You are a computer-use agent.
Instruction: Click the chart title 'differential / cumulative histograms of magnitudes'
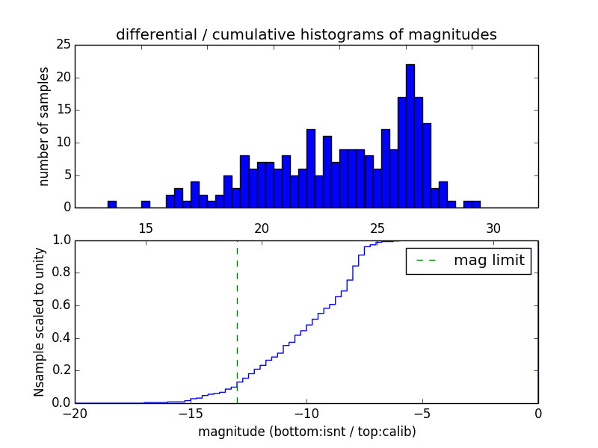(x=306, y=34)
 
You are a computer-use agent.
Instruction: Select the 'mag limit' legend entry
(x=468, y=261)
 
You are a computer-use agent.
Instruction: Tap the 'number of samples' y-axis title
(x=44, y=126)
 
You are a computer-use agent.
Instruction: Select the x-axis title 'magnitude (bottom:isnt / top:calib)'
(x=306, y=432)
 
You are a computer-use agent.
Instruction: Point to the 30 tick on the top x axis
(x=493, y=227)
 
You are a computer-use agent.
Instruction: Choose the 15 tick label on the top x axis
(x=146, y=227)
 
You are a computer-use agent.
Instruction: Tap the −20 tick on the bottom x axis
(x=75, y=413)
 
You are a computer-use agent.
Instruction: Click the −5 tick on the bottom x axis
(x=422, y=413)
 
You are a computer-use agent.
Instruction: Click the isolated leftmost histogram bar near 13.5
(x=112, y=204)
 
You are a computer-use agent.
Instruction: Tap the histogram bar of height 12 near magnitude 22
(x=310, y=169)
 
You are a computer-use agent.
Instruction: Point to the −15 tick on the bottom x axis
(x=191, y=413)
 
